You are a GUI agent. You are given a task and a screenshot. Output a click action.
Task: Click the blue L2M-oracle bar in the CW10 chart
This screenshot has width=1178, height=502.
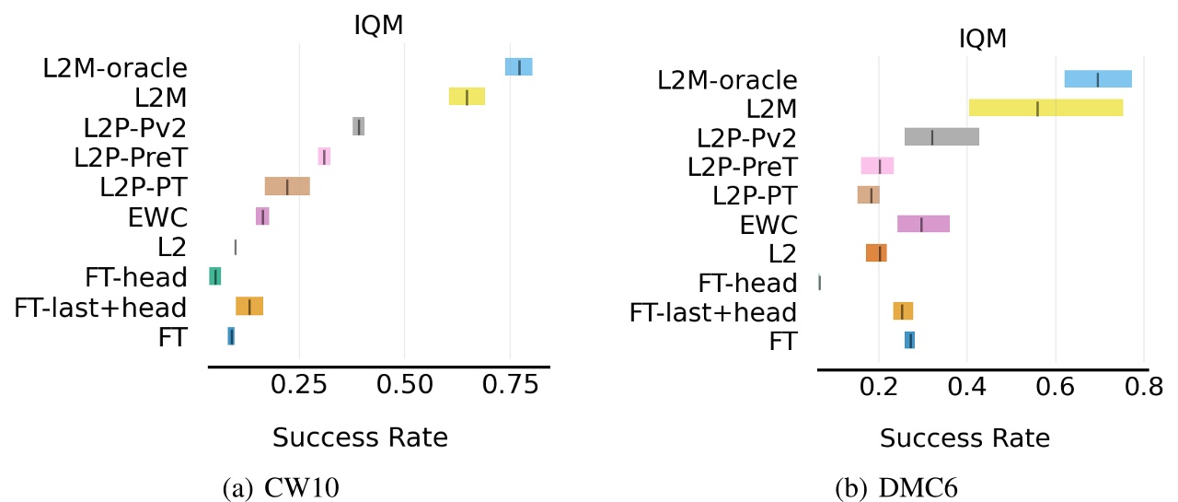tap(518, 67)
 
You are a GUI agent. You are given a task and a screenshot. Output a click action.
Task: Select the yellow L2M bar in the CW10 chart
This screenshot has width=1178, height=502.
tap(467, 97)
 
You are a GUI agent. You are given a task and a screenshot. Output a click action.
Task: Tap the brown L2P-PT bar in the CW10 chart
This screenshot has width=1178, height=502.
tap(287, 186)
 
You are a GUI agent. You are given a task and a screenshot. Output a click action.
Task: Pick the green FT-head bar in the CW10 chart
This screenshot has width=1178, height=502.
tap(214, 276)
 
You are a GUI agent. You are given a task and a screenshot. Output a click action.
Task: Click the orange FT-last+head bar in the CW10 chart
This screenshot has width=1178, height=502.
tap(249, 307)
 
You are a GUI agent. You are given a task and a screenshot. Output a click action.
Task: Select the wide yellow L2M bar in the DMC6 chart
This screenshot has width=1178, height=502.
tap(1045, 108)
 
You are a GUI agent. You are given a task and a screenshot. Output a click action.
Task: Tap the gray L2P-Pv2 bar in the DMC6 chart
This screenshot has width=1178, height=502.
tap(941, 137)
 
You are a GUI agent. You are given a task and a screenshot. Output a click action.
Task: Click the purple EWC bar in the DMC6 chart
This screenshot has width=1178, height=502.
tap(923, 224)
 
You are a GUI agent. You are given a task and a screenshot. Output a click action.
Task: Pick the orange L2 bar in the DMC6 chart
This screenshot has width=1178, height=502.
tap(876, 253)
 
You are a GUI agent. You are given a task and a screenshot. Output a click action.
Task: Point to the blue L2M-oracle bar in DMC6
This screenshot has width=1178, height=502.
tap(1098, 79)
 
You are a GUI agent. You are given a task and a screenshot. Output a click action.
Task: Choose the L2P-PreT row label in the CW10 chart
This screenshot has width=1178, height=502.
tap(130, 158)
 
